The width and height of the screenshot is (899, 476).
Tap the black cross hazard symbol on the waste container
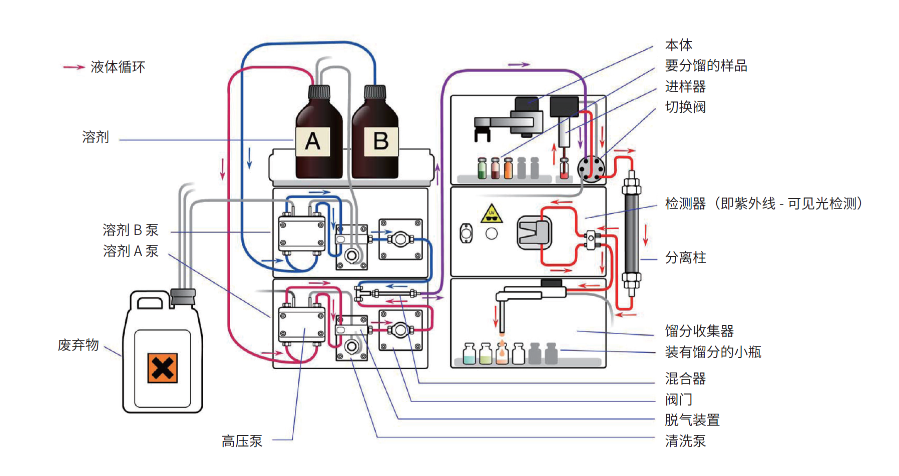[162, 368]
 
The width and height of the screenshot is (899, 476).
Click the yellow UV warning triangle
[492, 213]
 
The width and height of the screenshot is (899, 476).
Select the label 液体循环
[118, 67]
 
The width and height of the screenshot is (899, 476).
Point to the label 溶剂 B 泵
[130, 230]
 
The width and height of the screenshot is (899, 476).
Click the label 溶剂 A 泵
[130, 251]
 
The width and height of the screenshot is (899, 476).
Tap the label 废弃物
[78, 345]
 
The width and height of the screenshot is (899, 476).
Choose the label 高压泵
[242, 441]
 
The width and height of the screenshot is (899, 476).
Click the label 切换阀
[685, 107]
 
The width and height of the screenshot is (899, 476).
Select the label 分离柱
[685, 257]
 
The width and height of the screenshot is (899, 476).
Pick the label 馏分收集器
[699, 331]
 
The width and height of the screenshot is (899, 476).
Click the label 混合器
[685, 378]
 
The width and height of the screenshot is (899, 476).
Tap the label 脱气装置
[692, 420]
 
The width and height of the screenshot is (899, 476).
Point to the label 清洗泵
[685, 441]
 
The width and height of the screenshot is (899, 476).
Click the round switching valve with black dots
[591, 169]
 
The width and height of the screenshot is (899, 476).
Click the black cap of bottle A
[319, 92]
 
